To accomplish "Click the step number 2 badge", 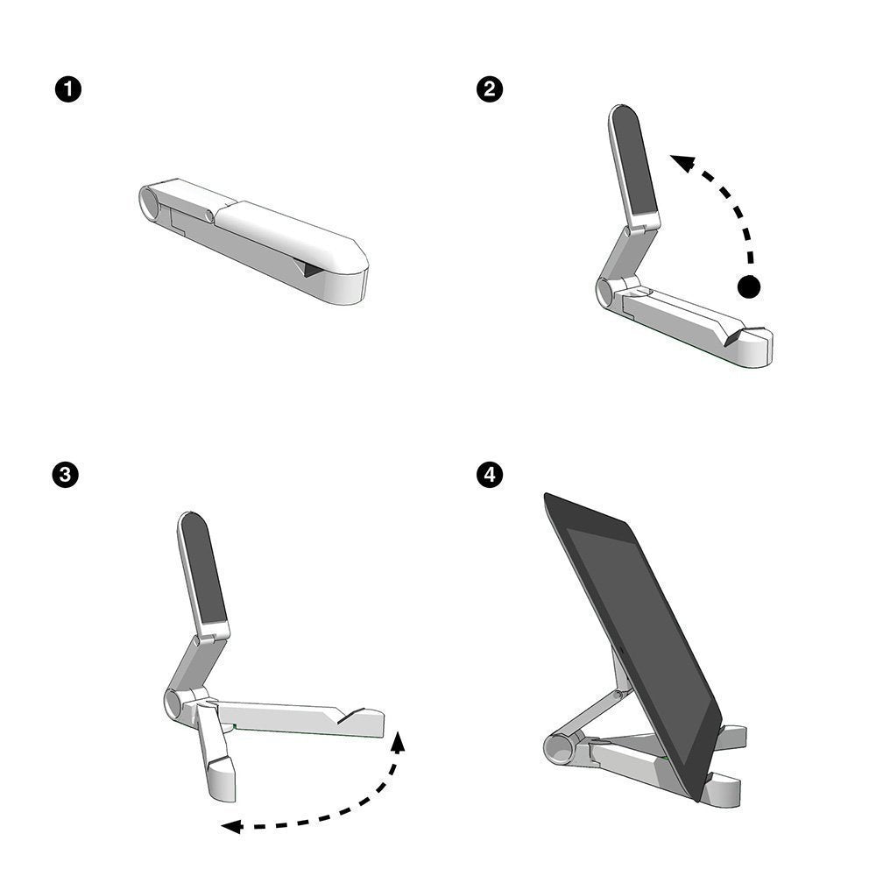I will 489,88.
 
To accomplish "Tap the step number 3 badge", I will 67,474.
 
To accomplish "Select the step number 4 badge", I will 489,474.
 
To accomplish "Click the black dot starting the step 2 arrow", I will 749,286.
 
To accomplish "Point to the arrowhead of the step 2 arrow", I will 682,161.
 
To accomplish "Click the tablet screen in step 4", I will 639,631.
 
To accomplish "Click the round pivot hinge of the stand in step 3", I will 174,702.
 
